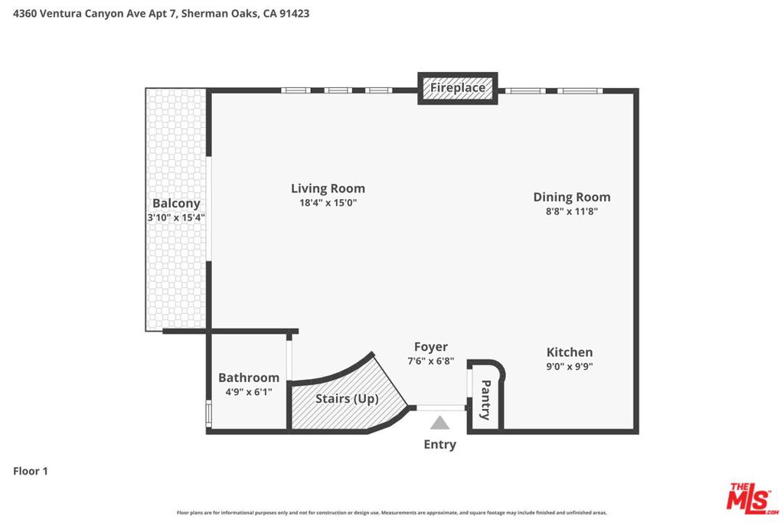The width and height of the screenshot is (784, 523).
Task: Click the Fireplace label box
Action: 458,88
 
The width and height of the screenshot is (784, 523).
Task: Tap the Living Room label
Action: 328,188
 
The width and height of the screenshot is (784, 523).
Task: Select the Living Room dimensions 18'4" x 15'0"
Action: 328,202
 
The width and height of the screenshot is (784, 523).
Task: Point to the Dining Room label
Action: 571,197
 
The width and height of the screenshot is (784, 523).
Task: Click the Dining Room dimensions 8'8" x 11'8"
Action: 571,211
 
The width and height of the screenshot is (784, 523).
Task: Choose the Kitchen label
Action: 570,352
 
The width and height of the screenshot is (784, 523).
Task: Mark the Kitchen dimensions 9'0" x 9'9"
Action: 570,366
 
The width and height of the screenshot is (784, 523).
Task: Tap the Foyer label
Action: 431,347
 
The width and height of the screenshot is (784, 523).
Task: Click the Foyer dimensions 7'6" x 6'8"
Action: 431,361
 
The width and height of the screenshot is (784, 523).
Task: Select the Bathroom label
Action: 249,378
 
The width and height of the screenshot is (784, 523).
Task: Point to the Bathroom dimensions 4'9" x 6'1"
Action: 249,391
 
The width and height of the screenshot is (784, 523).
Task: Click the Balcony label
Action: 176,204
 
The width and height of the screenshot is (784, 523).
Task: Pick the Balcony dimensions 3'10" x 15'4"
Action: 176,217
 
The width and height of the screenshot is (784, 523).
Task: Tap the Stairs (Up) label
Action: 347,398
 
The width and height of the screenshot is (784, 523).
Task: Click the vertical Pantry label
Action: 485,400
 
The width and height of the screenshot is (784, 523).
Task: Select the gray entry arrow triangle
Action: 439,423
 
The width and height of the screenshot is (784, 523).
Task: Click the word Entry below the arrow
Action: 440,444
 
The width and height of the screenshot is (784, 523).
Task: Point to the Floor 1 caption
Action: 31,471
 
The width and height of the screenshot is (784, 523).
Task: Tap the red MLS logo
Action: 753,498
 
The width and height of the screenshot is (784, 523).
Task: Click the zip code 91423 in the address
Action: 294,14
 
